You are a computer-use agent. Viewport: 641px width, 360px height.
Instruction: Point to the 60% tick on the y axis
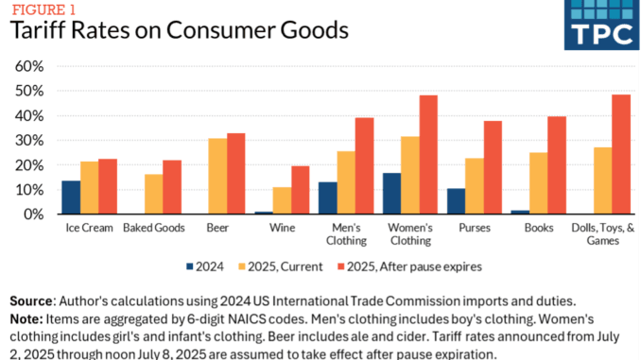pos(29,66)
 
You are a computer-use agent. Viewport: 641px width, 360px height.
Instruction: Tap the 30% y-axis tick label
pos(29,140)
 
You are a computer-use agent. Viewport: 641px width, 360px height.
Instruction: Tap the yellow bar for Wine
pos(282,200)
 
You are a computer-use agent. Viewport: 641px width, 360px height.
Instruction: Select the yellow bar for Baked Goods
pos(153,194)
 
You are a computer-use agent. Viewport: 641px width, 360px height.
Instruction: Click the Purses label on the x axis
pos(473,227)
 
